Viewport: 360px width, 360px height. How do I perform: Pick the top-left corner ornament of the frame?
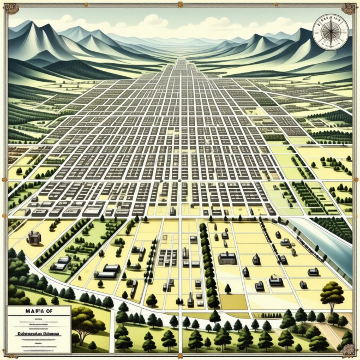[x=10, y=9]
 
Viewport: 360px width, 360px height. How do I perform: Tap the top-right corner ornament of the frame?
[x=349, y=9]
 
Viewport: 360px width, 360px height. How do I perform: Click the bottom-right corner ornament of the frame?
[x=349, y=350]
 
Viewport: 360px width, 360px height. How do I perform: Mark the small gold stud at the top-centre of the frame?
[x=180, y=5]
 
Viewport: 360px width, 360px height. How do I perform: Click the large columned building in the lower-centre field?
[x=227, y=259]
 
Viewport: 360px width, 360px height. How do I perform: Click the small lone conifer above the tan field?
[x=227, y=288]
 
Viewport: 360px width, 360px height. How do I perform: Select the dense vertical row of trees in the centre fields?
[x=207, y=262]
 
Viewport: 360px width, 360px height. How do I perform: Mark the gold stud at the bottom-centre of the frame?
[x=180, y=355]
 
